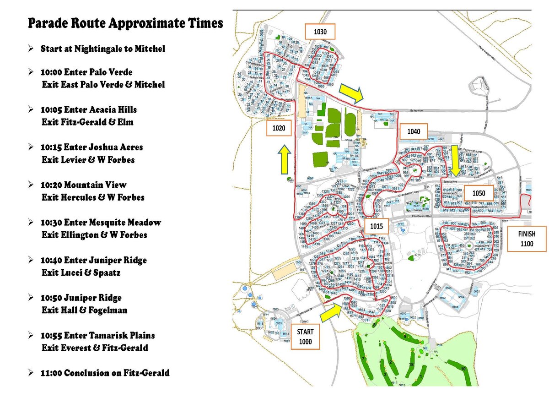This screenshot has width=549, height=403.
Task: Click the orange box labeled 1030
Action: click(x=320, y=32)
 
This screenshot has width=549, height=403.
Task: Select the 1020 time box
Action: click(x=279, y=129)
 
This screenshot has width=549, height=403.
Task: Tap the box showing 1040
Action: click(x=413, y=131)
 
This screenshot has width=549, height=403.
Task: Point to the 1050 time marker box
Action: click(x=479, y=193)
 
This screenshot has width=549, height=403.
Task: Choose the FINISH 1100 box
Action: click(x=527, y=239)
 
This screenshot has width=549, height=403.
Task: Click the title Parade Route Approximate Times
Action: click(x=125, y=23)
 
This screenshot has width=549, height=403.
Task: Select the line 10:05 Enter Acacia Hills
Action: click(x=88, y=109)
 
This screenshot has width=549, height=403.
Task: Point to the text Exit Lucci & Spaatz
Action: click(x=81, y=273)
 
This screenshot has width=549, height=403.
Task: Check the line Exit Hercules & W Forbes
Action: click(x=93, y=198)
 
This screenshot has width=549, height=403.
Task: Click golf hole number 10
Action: click(x=463, y=368)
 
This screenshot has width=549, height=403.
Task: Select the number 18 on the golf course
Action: click(x=411, y=365)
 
